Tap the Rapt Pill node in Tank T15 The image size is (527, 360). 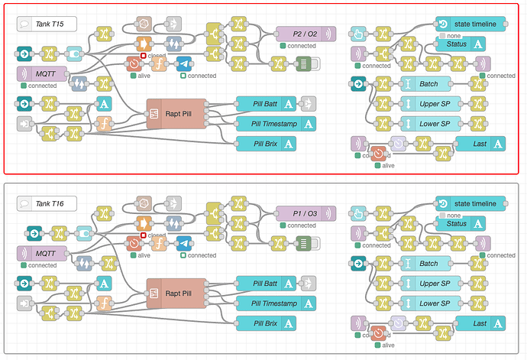click(176, 113)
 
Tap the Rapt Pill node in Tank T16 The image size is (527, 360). click(176, 293)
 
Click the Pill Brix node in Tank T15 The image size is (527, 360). click(265, 142)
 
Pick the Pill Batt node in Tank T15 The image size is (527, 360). click(265, 104)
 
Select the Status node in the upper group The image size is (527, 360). click(463, 44)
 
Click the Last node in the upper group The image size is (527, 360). click(480, 143)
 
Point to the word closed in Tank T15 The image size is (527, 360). click(156, 56)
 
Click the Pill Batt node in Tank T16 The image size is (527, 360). click(265, 284)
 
